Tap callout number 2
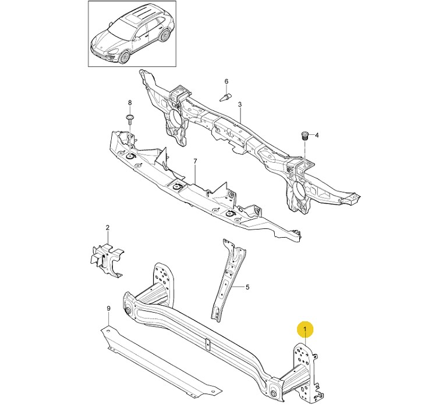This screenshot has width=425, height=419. point(108,227)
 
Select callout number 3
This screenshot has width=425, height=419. point(239,104)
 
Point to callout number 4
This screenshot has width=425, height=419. point(317,135)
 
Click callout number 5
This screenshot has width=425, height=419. point(247,287)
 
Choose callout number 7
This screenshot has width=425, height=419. point(196,161)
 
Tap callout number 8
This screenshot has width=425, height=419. point(130,103)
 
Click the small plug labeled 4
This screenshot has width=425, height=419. point(303,136)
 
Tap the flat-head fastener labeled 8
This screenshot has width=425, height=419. point(130,119)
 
